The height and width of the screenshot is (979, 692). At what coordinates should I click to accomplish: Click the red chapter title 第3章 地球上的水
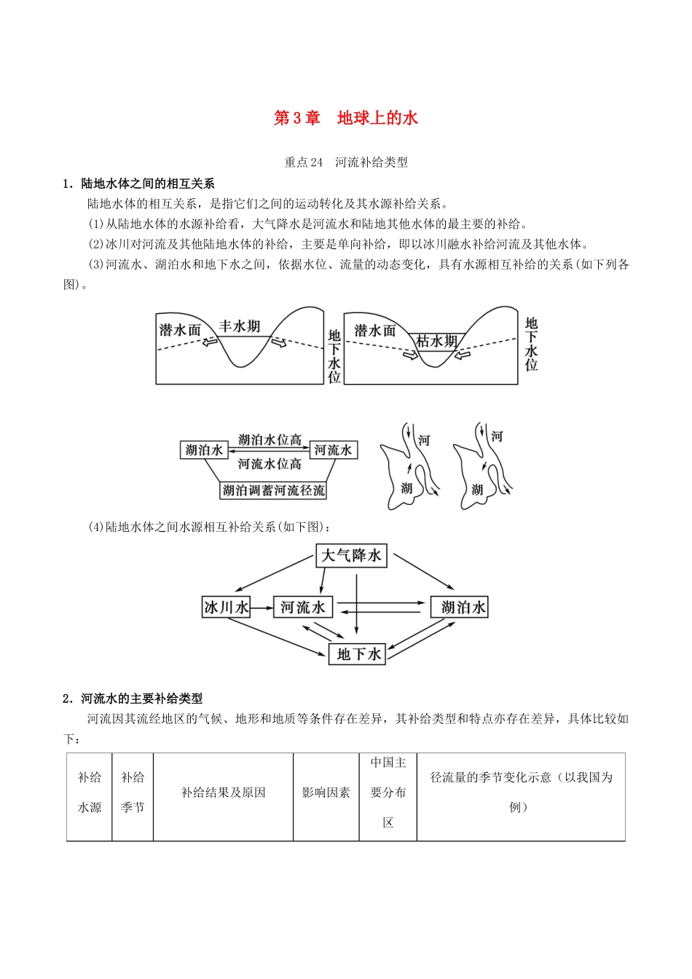pos(345,118)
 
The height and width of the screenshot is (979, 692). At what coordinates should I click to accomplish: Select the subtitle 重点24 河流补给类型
pos(345,162)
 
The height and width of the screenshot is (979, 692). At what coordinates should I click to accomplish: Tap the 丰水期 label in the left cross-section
pos(240,326)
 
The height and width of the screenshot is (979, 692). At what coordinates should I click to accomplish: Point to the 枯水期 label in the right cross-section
pos(437,341)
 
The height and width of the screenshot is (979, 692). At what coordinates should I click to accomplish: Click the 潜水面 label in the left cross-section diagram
pos(180,330)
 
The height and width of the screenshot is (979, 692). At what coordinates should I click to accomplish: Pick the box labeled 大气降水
pos(351,556)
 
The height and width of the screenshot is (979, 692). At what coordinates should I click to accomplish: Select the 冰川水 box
pos(226,607)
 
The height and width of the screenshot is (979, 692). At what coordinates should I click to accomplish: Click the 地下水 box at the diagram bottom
pos(358,654)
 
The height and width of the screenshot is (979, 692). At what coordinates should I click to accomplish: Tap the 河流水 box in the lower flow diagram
pos(303,607)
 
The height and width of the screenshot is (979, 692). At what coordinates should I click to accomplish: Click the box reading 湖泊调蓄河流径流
pos(273,490)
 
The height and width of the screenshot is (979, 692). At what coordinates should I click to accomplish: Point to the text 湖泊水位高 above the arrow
pos(270,440)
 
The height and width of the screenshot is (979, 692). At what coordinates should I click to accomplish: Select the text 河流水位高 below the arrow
pos(270,463)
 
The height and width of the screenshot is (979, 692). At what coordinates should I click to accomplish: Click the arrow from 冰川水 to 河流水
pos(262,607)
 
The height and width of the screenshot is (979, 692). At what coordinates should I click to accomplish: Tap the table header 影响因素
pos(326,793)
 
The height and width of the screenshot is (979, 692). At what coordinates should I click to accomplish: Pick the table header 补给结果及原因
pos(223,793)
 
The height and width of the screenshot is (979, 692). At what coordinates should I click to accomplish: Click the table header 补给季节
pos(133,793)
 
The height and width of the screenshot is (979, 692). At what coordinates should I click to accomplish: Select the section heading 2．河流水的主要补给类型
pos(133,699)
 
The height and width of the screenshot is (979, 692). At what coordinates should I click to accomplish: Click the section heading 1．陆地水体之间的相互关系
pos(138,184)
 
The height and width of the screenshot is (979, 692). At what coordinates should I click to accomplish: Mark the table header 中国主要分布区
pos(388,793)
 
